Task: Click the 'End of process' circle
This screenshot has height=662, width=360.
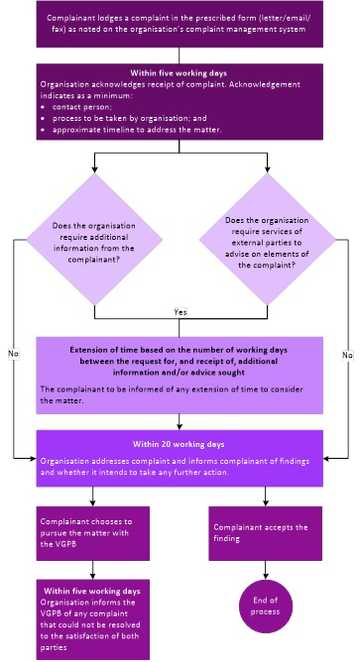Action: [x=266, y=606]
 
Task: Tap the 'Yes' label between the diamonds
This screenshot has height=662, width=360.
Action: [x=180, y=312]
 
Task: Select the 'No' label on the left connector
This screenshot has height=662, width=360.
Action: [x=14, y=354]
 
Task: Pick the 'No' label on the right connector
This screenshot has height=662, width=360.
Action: [x=348, y=355]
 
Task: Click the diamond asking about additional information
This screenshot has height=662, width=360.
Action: [x=94, y=240]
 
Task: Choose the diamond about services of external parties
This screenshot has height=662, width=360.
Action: [x=267, y=240]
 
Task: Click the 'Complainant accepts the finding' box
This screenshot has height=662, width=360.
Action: [x=266, y=533]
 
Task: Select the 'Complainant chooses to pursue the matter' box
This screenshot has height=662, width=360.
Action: [x=93, y=533]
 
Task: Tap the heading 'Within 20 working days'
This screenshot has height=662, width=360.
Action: [x=179, y=444]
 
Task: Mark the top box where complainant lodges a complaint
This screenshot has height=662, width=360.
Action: [x=180, y=24]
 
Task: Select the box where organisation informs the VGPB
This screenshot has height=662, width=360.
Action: [x=93, y=619]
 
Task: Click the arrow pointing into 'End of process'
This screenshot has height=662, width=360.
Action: [x=266, y=570]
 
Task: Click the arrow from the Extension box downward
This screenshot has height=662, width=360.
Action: [x=180, y=422]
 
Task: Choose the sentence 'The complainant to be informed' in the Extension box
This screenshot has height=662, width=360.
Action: [x=172, y=394]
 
